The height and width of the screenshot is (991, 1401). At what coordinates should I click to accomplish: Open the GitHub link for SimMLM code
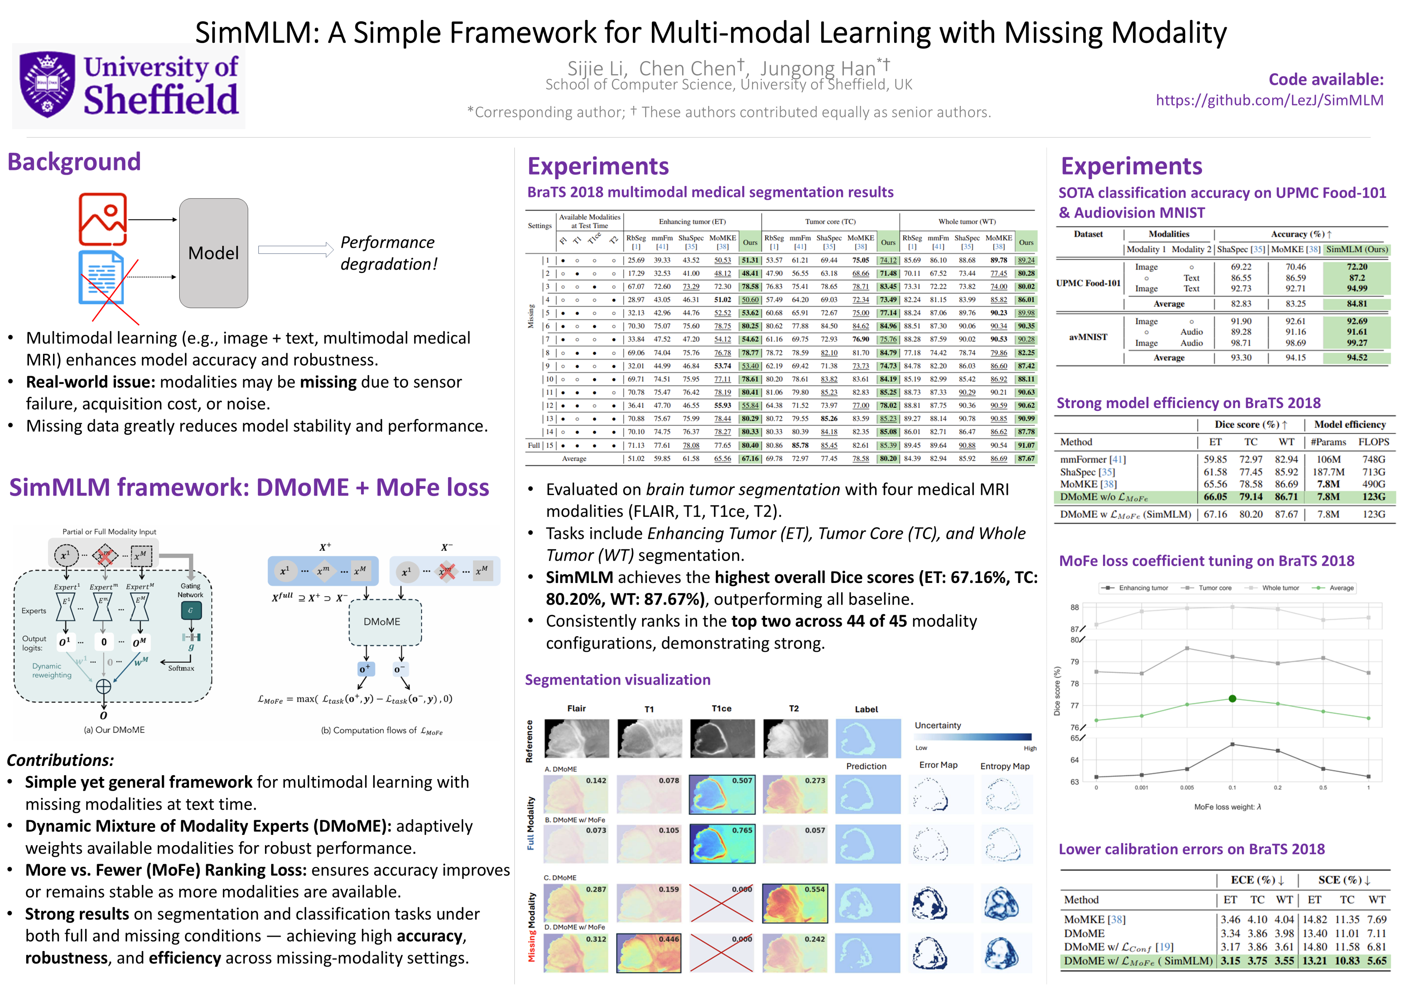pyautogui.click(x=1269, y=100)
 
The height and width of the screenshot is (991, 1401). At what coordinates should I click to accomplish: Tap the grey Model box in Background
pyautogui.click(x=214, y=253)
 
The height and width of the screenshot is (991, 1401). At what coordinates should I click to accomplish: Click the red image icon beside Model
pyautogui.click(x=103, y=219)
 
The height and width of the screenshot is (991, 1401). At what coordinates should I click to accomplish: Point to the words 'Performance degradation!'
pyautogui.click(x=389, y=253)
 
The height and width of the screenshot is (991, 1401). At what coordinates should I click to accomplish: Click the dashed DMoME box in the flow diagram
pyautogui.click(x=382, y=622)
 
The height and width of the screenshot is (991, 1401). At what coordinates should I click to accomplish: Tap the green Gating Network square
pyautogui.click(x=191, y=610)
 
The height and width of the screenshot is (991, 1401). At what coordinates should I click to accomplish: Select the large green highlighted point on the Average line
pyautogui.click(x=1232, y=699)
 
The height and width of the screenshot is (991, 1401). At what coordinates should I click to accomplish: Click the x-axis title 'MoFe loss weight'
pyautogui.click(x=1227, y=807)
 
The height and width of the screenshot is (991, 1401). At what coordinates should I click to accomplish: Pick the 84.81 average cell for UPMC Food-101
pyautogui.click(x=1357, y=304)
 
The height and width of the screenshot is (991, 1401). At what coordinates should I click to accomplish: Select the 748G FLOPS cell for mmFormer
pyautogui.click(x=1373, y=459)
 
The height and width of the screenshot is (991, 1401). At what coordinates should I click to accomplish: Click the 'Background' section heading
pyautogui.click(x=74, y=162)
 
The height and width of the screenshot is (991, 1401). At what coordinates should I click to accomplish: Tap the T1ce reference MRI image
pyautogui.click(x=722, y=738)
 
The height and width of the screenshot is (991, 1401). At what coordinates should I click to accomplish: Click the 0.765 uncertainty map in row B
pyautogui.click(x=722, y=844)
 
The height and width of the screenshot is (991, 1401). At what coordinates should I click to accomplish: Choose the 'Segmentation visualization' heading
pyautogui.click(x=617, y=680)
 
